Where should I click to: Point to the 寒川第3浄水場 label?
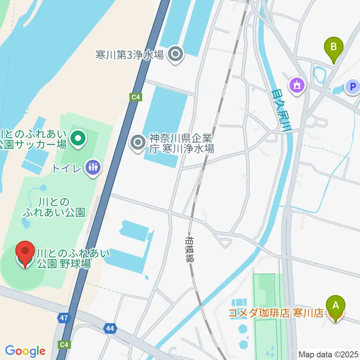[130, 55]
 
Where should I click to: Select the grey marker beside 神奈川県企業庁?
[138, 142]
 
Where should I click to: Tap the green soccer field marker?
[78, 139]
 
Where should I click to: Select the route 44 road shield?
[110, 329]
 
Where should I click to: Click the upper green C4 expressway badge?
[136, 97]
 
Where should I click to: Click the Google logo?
[25, 351]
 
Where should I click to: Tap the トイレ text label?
[66, 168]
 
